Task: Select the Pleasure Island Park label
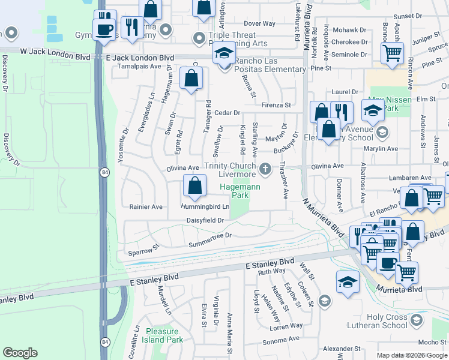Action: pyautogui.click(x=163, y=335)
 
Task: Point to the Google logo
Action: pyautogui.click(x=20, y=353)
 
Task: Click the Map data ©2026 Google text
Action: pyautogui.click(x=411, y=355)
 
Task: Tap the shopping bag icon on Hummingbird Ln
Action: pyautogui.click(x=195, y=187)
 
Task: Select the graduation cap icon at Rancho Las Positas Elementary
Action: pyautogui.click(x=224, y=55)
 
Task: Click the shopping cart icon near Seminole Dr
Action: pyautogui.click(x=392, y=53)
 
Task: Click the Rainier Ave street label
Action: pyautogui.click(x=146, y=207)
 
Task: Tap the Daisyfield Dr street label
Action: pyautogui.click(x=205, y=220)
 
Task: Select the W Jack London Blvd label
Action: pyautogui.click(x=55, y=56)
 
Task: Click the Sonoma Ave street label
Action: pyautogui.click(x=281, y=339)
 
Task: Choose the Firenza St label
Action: pyautogui.click(x=275, y=105)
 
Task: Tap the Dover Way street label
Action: pyautogui.click(x=259, y=24)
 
